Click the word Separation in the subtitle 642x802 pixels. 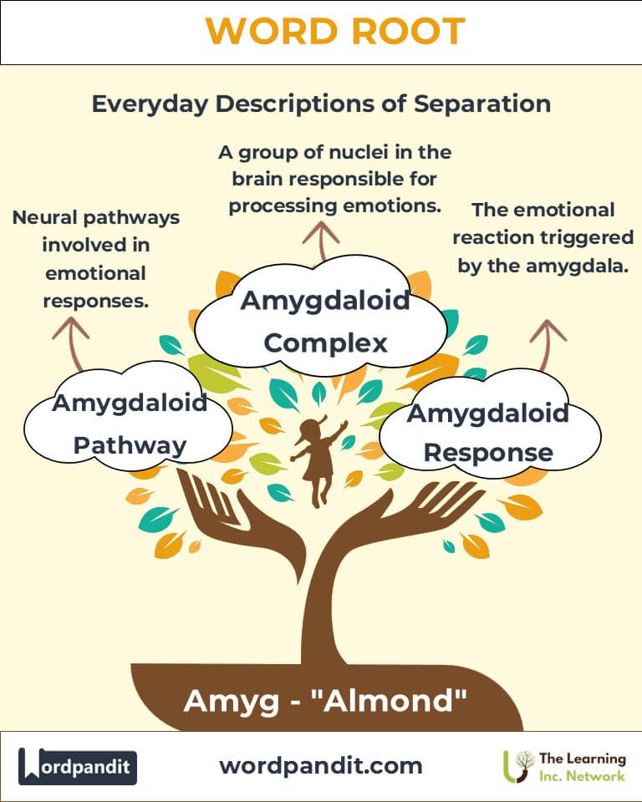tap(482, 104)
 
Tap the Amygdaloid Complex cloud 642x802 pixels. tap(325, 322)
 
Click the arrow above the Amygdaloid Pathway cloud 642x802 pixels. tap(71, 343)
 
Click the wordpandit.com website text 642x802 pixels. tap(320, 765)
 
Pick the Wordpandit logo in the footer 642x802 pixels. tap(78, 766)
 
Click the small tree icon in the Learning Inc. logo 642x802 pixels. tap(522, 764)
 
